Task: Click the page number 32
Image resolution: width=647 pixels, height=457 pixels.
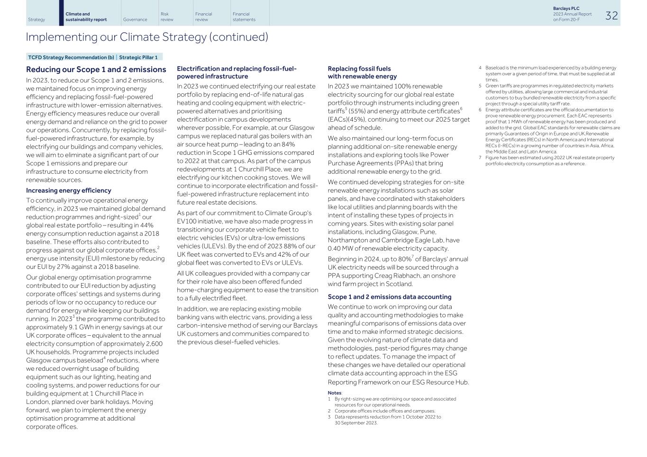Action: click(611, 16)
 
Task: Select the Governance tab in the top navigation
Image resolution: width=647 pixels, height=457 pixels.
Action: click(135, 19)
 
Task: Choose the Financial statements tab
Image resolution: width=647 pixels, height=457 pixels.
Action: click(244, 17)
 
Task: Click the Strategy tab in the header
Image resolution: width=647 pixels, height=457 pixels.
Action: click(36, 19)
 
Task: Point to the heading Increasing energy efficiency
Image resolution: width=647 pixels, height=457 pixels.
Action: click(69, 190)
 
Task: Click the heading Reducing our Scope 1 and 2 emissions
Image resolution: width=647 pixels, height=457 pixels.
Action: click(96, 70)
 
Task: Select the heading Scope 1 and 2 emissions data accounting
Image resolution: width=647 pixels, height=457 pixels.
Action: click(389, 297)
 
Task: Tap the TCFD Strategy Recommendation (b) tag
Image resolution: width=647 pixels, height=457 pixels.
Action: click(71, 57)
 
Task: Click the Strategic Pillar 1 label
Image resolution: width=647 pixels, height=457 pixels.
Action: click(138, 57)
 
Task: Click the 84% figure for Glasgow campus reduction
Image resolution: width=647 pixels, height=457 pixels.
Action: click(289, 144)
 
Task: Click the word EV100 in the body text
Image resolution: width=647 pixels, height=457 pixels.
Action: click(187, 221)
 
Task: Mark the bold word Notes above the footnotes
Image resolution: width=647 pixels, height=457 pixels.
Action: click(334, 393)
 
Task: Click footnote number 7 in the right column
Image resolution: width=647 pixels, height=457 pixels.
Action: click(480, 158)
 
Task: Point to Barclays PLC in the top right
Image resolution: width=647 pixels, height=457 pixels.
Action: click(566, 9)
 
